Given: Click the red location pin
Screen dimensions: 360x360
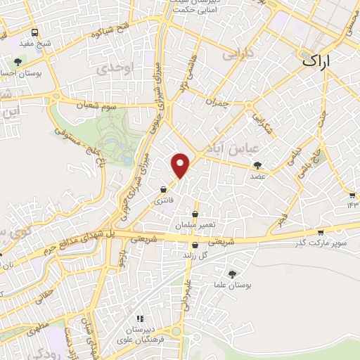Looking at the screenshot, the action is click(181, 163).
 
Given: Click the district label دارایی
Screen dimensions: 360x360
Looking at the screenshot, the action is click(236, 54).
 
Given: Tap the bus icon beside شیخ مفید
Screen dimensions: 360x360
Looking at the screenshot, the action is click(35, 32).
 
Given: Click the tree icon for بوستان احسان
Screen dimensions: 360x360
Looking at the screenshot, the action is click(18, 62).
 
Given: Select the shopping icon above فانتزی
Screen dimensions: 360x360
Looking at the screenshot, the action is click(163, 189).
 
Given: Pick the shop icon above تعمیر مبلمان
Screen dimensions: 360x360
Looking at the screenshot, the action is click(195, 214).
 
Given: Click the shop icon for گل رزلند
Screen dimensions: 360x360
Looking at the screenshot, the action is click(195, 245).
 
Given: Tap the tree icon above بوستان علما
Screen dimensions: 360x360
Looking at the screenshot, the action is click(233, 273).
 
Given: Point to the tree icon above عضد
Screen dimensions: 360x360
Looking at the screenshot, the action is click(255, 165).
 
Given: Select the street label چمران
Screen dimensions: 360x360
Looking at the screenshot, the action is click(217, 103).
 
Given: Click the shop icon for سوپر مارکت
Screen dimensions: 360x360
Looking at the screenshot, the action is click(320, 232).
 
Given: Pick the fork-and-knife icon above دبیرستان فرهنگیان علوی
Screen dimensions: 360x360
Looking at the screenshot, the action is click(141, 319).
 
